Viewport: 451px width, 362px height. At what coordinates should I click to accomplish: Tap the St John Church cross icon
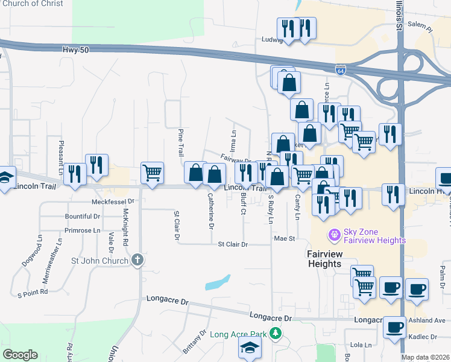tap(137, 261)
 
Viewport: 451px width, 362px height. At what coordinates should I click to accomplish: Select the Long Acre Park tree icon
tap(276, 332)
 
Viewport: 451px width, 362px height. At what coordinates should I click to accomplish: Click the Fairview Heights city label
tap(324, 259)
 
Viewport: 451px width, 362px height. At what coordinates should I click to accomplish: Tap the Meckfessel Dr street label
tap(112, 202)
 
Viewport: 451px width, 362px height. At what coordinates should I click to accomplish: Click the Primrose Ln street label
tap(83, 230)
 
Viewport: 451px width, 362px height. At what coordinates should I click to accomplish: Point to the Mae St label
tap(283, 239)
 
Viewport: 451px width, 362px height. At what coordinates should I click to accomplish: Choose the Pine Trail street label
tap(181, 142)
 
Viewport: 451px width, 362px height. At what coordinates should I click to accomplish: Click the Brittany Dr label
tap(194, 341)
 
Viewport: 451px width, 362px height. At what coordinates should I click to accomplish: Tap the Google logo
tap(20, 355)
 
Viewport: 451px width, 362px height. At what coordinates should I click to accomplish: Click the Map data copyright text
tap(426, 357)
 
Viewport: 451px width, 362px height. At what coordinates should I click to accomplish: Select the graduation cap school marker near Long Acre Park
tap(250, 347)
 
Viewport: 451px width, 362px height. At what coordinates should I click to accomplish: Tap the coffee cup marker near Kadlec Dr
tap(394, 327)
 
